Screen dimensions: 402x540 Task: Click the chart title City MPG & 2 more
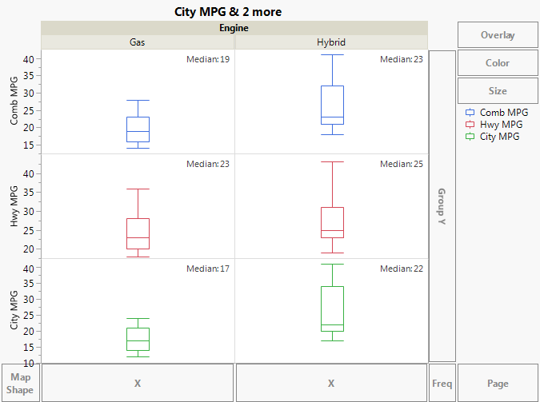228,12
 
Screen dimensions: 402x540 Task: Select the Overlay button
498,35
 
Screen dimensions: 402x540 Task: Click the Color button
498,63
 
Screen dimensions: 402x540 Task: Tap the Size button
498,91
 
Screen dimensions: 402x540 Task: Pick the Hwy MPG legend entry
501,125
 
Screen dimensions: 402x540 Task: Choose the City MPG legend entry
499,137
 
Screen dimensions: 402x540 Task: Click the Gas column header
138,42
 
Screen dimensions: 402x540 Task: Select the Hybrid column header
331,42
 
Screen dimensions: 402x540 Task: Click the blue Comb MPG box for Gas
138,129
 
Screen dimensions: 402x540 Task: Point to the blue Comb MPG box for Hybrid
331,105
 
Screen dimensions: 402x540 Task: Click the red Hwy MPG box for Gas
138,233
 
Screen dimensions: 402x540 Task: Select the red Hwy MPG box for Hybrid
331,222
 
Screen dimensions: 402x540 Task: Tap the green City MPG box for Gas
138,339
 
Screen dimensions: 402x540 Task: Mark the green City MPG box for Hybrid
331,308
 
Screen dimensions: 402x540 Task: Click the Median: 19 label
208,59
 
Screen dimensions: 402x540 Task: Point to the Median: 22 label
402,269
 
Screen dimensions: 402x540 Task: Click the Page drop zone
498,384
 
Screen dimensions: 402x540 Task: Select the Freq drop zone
442,384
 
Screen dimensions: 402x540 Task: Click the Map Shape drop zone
20,384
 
